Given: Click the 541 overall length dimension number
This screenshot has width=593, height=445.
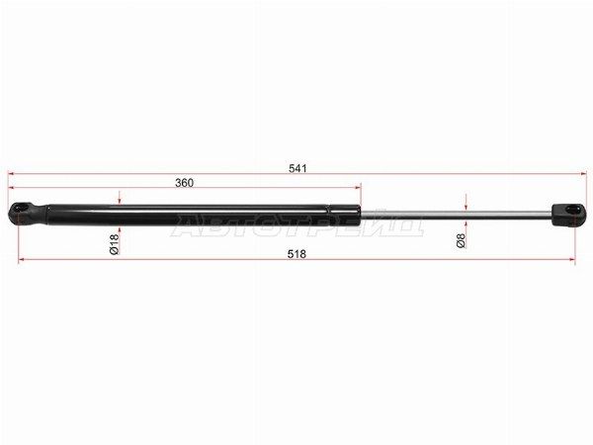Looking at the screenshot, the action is click(x=297, y=168).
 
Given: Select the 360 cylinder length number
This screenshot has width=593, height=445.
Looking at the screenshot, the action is click(x=184, y=183).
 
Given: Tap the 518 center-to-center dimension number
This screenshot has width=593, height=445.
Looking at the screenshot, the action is click(x=296, y=254).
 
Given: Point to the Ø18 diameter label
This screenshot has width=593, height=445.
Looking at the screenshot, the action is click(x=115, y=244).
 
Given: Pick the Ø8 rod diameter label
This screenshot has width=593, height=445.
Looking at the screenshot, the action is click(x=461, y=240).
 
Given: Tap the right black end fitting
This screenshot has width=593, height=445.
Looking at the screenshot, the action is click(x=568, y=215).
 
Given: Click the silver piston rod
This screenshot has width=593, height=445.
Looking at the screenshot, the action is click(x=456, y=214).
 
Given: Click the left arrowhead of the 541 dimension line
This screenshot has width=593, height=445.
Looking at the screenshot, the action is click(x=11, y=174).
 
